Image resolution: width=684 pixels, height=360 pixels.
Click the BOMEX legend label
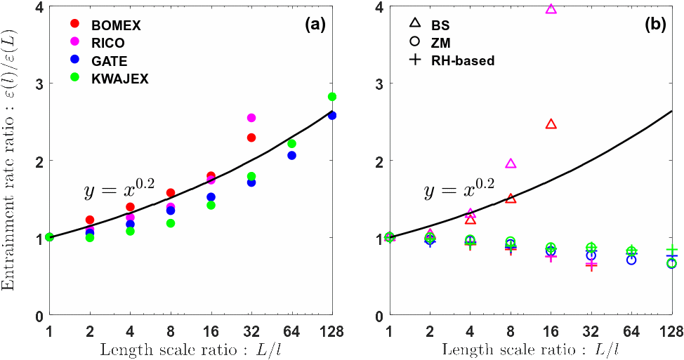(x=116, y=26)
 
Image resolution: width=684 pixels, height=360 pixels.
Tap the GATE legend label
(x=109, y=61)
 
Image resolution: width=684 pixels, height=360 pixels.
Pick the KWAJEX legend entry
(x=119, y=79)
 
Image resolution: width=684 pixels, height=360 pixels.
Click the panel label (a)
(x=315, y=25)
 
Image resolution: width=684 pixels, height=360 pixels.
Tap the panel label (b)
(x=655, y=25)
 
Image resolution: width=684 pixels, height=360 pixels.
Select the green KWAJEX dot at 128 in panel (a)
(x=332, y=97)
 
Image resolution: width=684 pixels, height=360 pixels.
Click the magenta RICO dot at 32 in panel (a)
(x=251, y=118)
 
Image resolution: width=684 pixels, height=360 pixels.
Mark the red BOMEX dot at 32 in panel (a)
(x=251, y=138)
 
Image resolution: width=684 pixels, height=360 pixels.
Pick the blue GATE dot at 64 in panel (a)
(x=291, y=155)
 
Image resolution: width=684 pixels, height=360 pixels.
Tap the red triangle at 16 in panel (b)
(x=551, y=124)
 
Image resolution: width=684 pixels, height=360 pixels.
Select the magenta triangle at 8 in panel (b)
(x=511, y=164)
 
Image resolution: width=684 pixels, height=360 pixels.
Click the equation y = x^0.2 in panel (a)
(x=119, y=189)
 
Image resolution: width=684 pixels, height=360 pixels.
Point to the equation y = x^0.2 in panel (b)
(x=459, y=189)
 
